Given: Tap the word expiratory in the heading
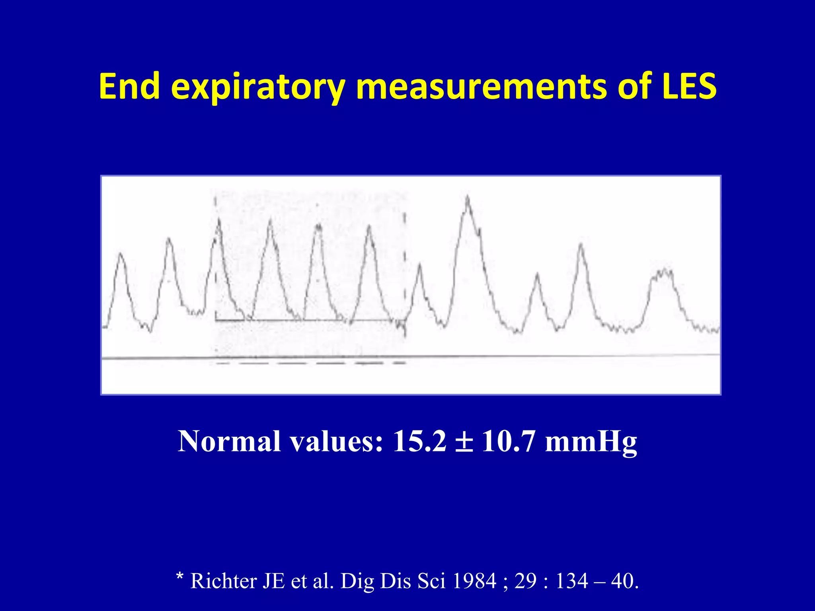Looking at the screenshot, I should pyautogui.click(x=258, y=88).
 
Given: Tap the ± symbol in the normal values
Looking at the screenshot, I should pyautogui.click(x=464, y=442).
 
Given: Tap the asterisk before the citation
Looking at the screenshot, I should pyautogui.click(x=180, y=577).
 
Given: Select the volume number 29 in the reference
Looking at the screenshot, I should pyautogui.click(x=526, y=581).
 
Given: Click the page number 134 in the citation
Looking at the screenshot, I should pyautogui.click(x=571, y=581).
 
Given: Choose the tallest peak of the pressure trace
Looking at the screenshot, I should pyautogui.click(x=467, y=198).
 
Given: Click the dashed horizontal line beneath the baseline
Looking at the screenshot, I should pyautogui.click(x=310, y=363).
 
